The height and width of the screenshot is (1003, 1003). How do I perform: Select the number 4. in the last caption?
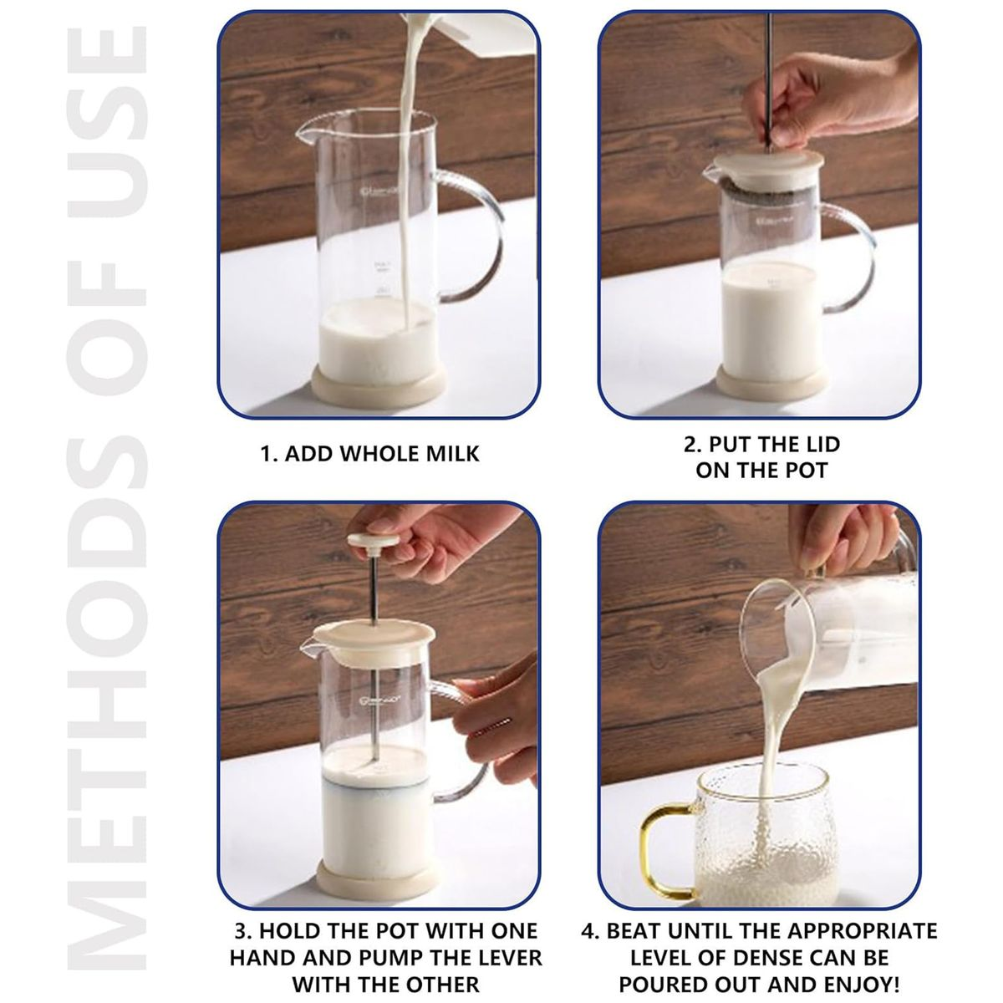pos(590,931)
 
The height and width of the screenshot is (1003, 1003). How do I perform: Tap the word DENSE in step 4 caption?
pos(784,957)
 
